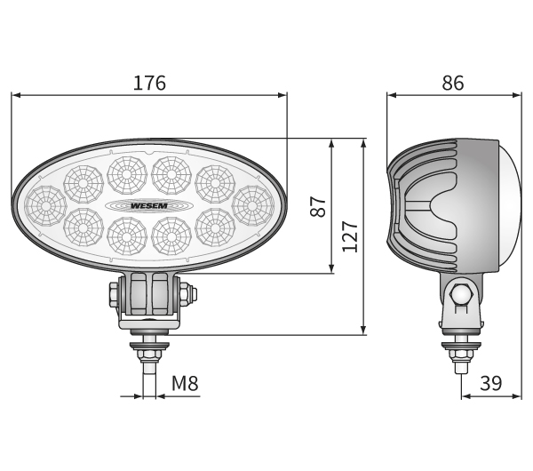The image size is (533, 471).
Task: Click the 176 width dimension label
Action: [x=149, y=83]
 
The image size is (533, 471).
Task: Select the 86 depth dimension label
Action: [x=453, y=83]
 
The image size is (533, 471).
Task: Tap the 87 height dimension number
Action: [x=318, y=206]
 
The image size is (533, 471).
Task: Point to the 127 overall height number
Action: [x=350, y=236]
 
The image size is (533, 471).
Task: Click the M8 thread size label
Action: [x=185, y=383]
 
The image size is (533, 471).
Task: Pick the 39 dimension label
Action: [x=491, y=383]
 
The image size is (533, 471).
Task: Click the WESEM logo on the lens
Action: [x=149, y=206]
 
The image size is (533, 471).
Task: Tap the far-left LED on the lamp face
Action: [x=45, y=206]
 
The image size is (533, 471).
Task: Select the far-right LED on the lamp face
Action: [x=252, y=206]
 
